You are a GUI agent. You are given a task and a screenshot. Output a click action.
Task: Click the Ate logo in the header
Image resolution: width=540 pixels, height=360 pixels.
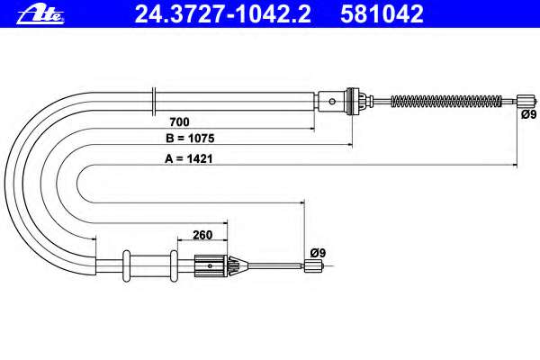coord(40,14)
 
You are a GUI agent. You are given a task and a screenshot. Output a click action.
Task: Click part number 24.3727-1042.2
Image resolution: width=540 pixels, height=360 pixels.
coord(223,13)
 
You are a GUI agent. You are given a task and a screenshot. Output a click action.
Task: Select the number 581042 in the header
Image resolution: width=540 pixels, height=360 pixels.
coord(382,13)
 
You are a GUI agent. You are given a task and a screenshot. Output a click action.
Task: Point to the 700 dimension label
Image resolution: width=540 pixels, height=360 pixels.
coord(179,121)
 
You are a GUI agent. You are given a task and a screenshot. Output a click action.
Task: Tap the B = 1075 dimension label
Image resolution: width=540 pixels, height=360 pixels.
coord(190,138)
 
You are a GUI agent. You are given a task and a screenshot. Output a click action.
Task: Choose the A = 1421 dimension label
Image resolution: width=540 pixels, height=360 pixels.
coord(189,158)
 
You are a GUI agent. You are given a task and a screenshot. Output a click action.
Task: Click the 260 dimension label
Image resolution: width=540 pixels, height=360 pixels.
coord(202,235)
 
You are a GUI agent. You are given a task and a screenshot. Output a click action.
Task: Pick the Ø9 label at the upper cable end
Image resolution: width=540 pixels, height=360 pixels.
coord(528,114)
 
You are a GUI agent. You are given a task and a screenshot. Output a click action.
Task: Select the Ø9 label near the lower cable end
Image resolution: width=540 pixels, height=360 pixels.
coord(318,253)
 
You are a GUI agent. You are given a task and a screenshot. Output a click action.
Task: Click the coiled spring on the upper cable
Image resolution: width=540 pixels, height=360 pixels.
coord(446,102)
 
